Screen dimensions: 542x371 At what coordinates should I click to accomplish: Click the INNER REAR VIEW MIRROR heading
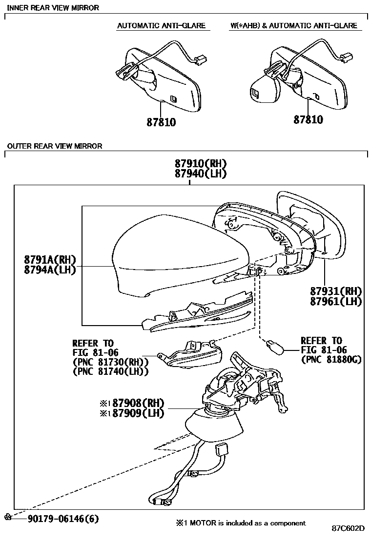click(53, 8)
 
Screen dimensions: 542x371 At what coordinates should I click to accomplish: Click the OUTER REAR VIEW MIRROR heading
click(55, 146)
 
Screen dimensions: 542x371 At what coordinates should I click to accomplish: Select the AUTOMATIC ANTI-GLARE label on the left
click(161, 25)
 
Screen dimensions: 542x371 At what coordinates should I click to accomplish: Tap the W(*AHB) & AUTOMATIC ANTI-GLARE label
click(294, 25)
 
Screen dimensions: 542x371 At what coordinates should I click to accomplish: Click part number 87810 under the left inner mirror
click(161, 122)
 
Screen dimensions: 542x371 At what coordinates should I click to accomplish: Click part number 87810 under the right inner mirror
click(308, 119)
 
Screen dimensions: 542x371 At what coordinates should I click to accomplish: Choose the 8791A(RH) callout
click(50, 259)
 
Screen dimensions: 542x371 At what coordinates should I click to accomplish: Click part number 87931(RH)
click(336, 291)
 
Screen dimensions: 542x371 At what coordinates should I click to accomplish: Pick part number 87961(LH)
click(336, 302)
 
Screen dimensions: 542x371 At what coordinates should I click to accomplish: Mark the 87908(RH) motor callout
click(138, 403)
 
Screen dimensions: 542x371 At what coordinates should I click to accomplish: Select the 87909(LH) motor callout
click(138, 413)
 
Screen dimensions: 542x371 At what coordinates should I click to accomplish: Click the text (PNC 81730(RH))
click(110, 362)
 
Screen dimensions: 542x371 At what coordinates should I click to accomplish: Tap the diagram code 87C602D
click(349, 529)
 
